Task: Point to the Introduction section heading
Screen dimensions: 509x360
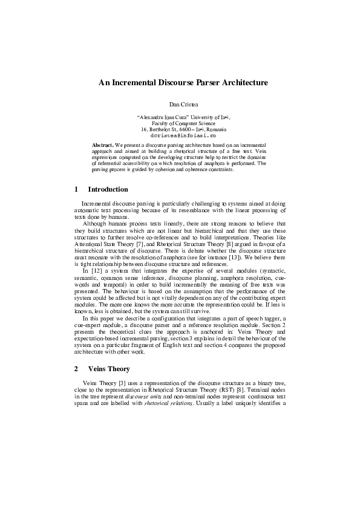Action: pos(108,189)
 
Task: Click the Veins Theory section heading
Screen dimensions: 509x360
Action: pos(109,368)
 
